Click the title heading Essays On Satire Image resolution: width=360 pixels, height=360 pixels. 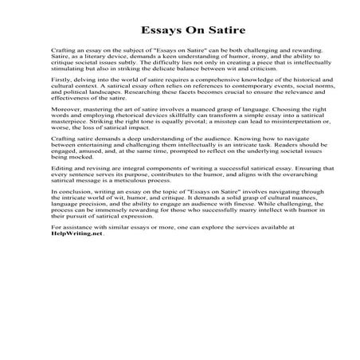click(x=179, y=35)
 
